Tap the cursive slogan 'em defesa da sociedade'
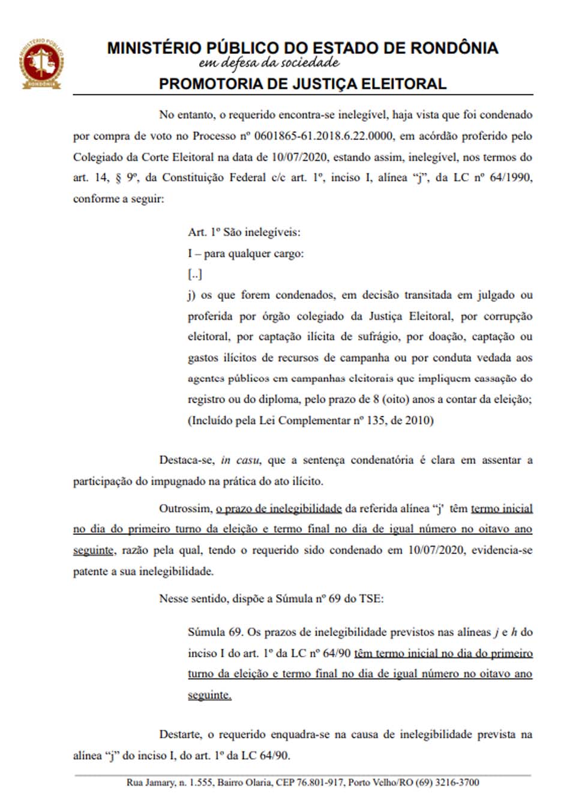[269, 63]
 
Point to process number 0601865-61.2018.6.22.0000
[324, 136]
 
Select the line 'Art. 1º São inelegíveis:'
[244, 232]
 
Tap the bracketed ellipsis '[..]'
[195, 274]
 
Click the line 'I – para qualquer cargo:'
[245, 253]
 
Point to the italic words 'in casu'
[239, 460]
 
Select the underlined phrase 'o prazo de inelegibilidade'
[278, 509]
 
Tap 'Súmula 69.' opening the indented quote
[215, 632]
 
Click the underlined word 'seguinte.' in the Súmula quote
[209, 695]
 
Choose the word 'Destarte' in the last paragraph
[180, 735]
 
